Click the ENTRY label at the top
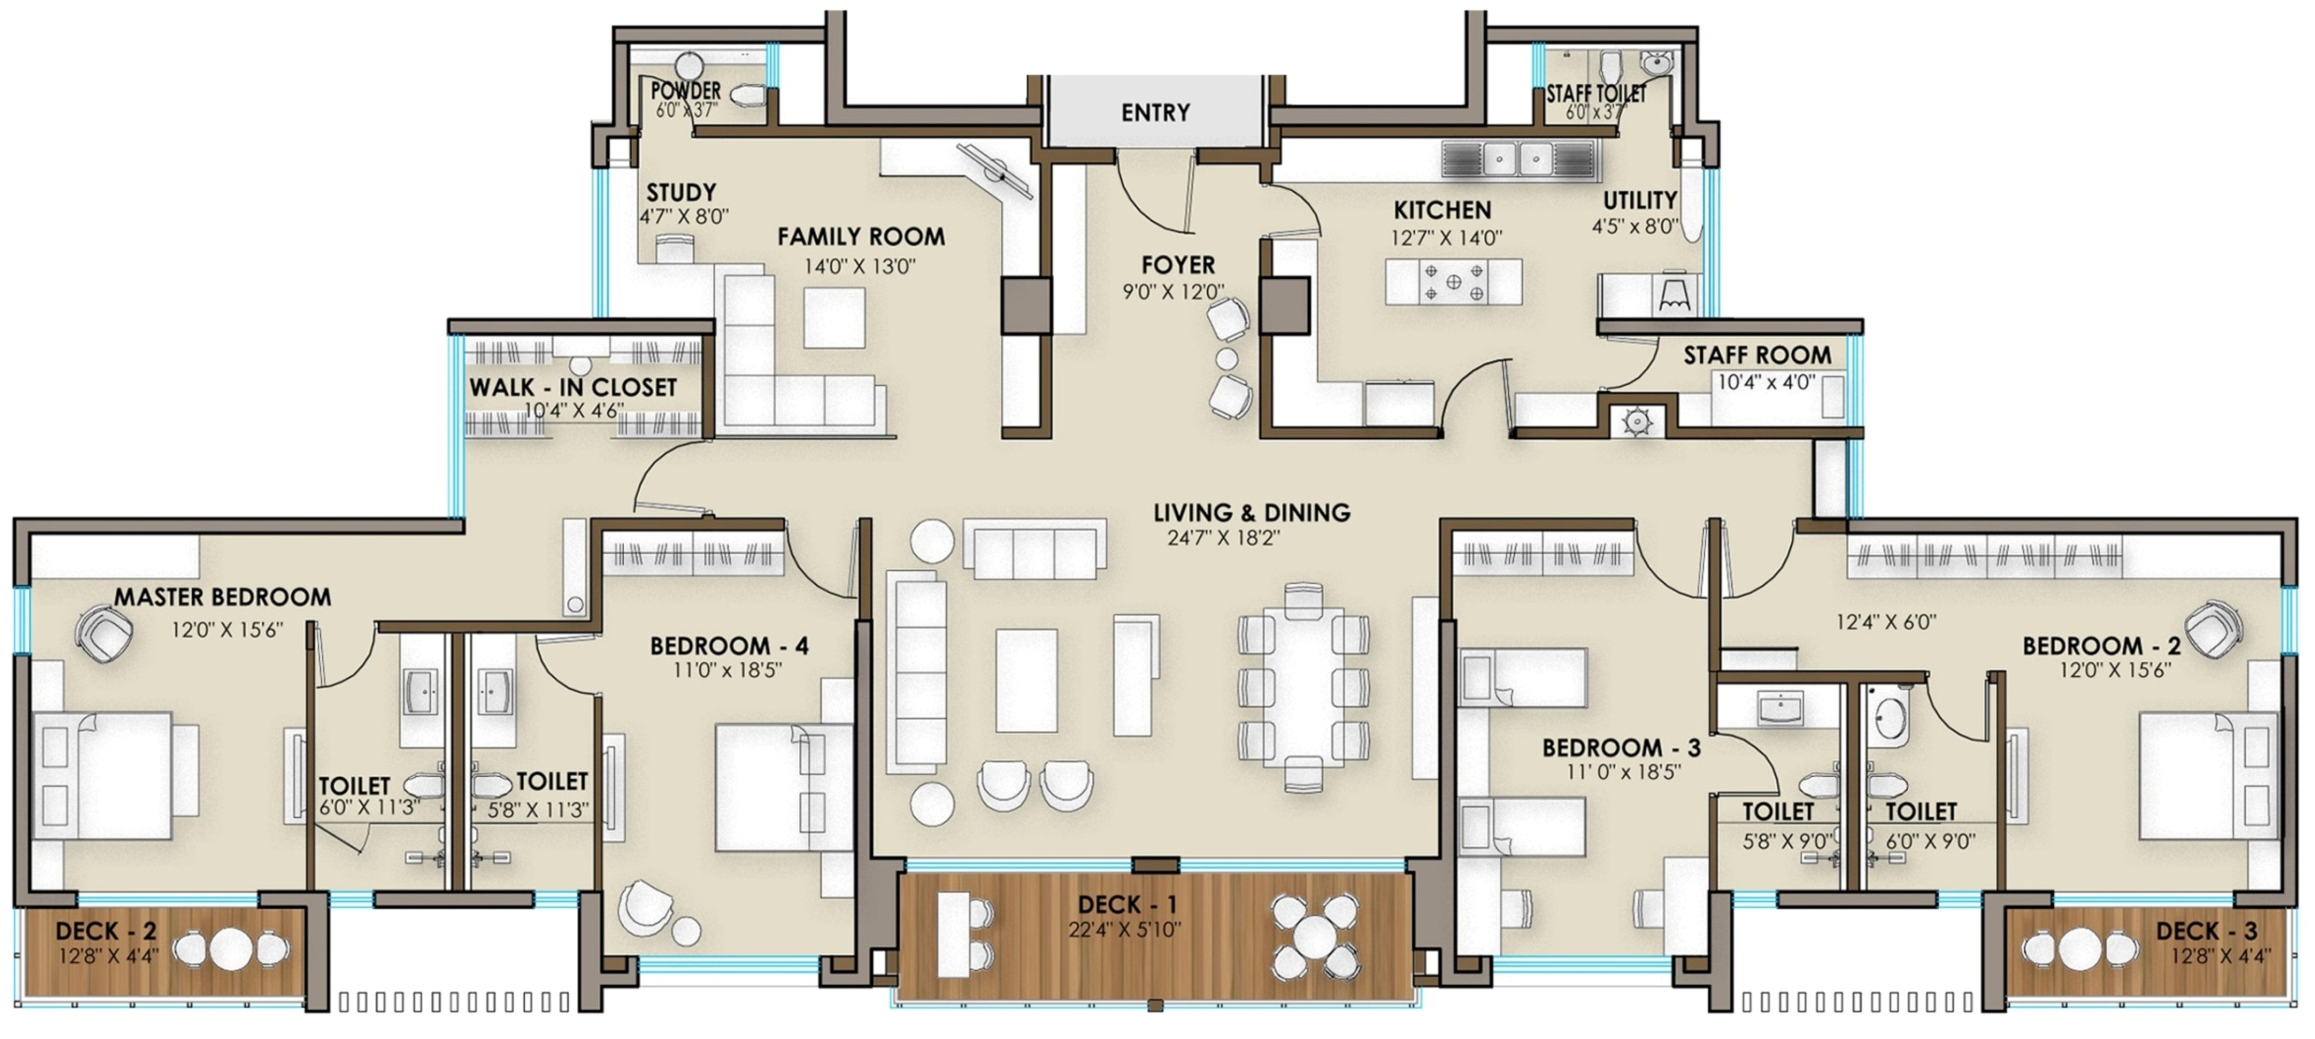point(1155,113)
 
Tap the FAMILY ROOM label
point(861,236)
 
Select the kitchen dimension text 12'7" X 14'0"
point(1447,238)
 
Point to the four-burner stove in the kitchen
point(1453,282)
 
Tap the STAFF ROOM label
point(1757,355)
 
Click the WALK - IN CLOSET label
point(573,388)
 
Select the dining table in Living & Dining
point(1303,687)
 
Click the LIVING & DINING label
point(1252,512)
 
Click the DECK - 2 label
point(106,931)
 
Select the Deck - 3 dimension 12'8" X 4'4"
point(2219,956)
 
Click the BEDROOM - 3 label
point(1621,748)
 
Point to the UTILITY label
point(1640,200)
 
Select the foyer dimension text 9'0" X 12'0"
point(1174,292)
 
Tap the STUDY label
point(681,192)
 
